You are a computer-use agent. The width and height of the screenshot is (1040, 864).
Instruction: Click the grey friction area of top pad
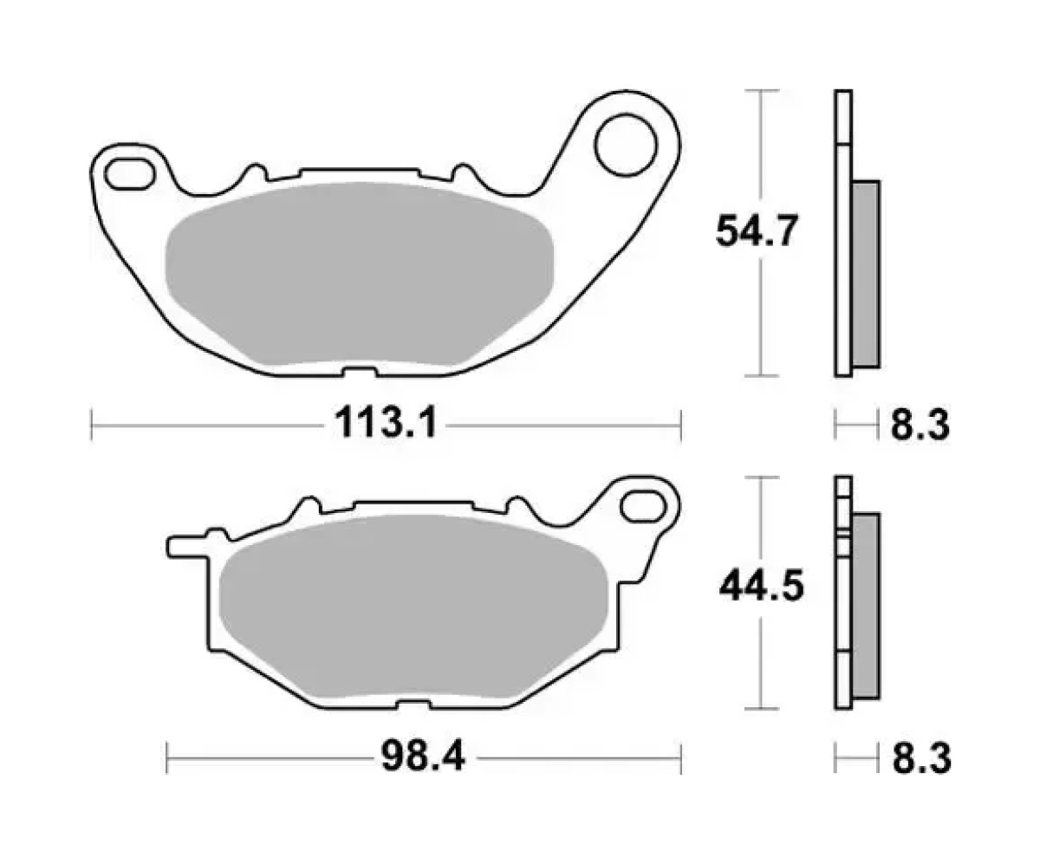pyautogui.click(x=359, y=274)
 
